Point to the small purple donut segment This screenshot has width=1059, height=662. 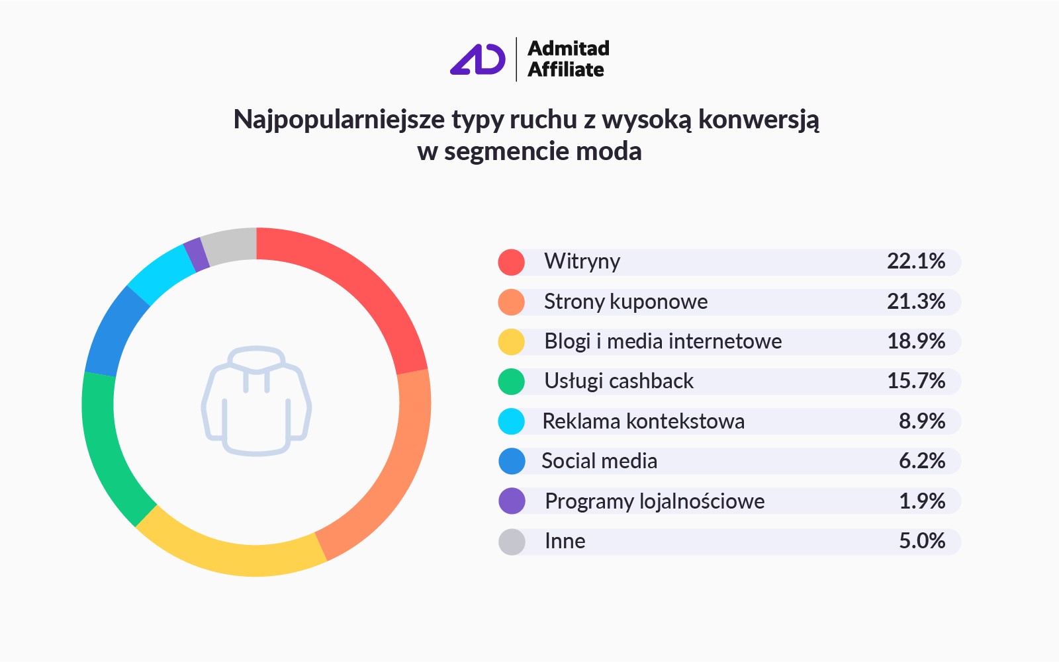coord(196,254)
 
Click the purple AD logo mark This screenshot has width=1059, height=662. coord(477,60)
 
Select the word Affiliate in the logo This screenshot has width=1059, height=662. coord(566,69)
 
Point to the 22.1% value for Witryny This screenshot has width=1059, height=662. coord(916,261)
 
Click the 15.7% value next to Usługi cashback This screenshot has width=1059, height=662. coord(916,381)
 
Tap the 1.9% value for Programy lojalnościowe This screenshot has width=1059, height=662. coord(922,501)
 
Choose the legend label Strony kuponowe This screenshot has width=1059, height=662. coord(625,302)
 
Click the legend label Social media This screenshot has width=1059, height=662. coord(599,461)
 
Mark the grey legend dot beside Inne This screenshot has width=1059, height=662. coord(512,542)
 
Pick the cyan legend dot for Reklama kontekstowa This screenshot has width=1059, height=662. coord(512,421)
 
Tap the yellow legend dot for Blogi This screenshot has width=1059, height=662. coord(512,342)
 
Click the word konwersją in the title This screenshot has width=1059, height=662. coord(759,120)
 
